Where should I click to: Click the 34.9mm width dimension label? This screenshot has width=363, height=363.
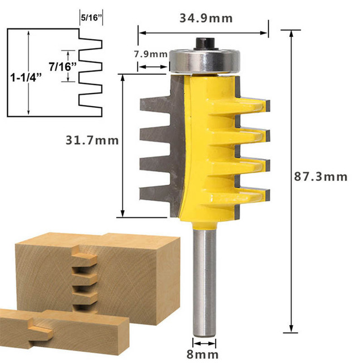pyautogui.click(x=206, y=18)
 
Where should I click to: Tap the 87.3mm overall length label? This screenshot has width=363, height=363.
pyautogui.click(x=320, y=177)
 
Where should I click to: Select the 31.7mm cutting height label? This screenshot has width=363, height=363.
pyautogui.click(x=92, y=140)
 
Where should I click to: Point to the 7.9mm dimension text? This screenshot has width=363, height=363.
pyautogui.click(x=151, y=54)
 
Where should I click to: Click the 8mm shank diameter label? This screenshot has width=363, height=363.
pyautogui.click(x=202, y=354)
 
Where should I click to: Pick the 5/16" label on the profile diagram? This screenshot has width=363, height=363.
pyautogui.click(x=91, y=18)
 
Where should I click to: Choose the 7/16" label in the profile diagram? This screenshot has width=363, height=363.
pyautogui.click(x=62, y=67)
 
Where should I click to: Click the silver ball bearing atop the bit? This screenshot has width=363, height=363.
pyautogui.click(x=204, y=61)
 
